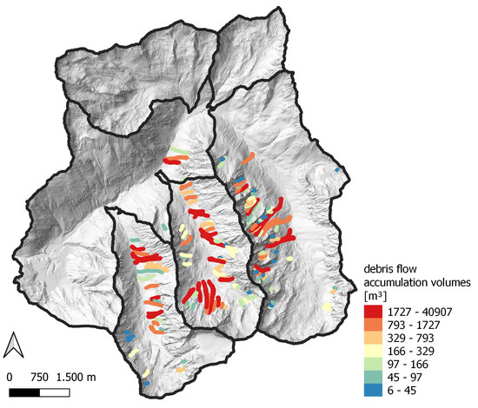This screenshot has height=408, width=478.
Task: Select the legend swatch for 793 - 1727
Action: coord(373,324)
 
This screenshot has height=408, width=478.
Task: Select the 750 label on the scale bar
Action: coord(40,378)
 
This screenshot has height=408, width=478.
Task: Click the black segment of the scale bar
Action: coord(26,392)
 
